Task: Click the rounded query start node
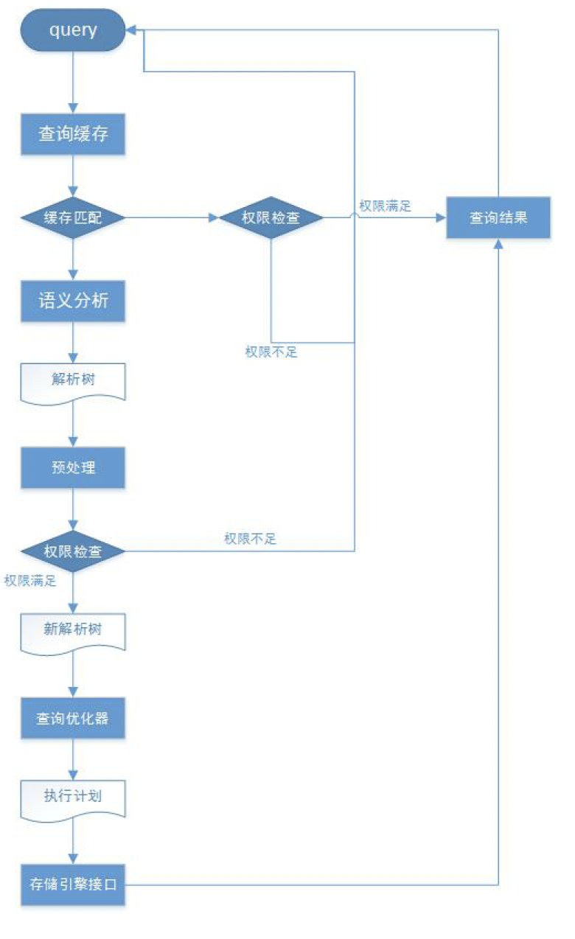pos(73,30)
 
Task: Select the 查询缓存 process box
pos(73,135)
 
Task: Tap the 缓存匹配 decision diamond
pos(73,218)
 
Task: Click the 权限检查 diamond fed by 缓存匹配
pos(271,218)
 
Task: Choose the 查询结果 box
pos(498,218)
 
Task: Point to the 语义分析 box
pos(73,301)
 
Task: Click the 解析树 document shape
pos(73,380)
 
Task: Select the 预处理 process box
pos(73,467)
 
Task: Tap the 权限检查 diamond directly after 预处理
pos(73,551)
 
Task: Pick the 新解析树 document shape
pos(73,631)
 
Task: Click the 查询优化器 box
pos(73,718)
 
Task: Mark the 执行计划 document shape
pos(73,797)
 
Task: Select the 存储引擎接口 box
pos(73,884)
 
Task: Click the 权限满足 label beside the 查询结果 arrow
pos(385,206)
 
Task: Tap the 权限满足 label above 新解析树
pos(29,581)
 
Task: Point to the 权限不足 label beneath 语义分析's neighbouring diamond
pos(271,352)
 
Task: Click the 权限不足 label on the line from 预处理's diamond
pos(250,539)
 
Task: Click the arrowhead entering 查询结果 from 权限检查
pos(441,218)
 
